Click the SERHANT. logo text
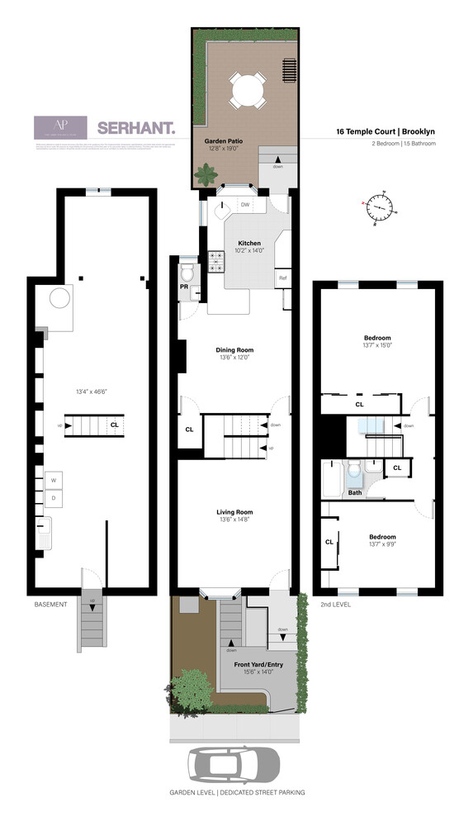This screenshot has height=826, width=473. click(x=136, y=128)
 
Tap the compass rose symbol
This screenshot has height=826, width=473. click(x=379, y=208)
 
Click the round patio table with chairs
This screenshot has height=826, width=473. click(x=248, y=89)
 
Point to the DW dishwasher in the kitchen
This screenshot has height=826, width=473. click(x=245, y=204)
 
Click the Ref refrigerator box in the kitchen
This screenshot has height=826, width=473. click(x=282, y=278)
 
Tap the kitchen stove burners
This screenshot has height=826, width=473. click(x=215, y=263)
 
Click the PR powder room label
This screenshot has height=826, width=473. click(x=183, y=287)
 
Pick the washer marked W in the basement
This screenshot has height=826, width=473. click(x=54, y=480)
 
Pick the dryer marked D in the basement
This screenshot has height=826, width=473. click(x=54, y=498)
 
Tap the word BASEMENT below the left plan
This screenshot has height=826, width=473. click(x=50, y=605)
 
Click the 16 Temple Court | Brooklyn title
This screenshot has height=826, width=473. click(x=385, y=131)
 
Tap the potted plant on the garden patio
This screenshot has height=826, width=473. click(x=206, y=175)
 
